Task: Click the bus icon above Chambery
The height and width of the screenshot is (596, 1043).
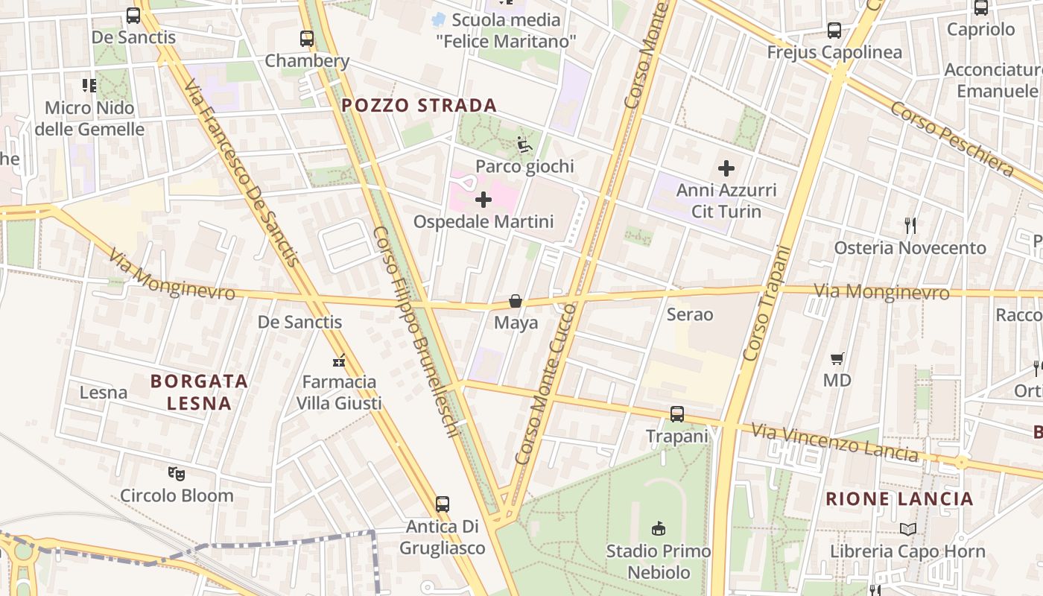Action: [306, 39]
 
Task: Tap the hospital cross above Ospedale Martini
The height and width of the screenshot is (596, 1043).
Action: [484, 200]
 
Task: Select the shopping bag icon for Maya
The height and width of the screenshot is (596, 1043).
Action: [515, 301]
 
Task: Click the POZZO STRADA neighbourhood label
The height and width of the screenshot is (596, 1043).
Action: [419, 105]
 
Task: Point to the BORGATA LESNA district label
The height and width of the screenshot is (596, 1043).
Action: [199, 392]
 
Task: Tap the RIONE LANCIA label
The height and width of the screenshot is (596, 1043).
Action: [899, 499]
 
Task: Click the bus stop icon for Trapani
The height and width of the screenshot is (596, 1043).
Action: [676, 414]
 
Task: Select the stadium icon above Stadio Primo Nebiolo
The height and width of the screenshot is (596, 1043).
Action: [658, 529]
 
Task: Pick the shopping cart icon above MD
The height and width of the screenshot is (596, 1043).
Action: [837, 359]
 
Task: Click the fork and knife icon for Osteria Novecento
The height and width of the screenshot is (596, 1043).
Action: [910, 225]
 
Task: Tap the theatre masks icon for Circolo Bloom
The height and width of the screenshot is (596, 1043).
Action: [177, 473]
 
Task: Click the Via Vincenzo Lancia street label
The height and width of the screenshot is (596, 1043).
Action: [834, 442]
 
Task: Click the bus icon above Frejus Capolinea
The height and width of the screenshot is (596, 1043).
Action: [834, 31]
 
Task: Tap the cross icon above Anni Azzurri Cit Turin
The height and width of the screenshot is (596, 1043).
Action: [726, 168]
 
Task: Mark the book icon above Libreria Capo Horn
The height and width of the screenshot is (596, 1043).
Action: [907, 529]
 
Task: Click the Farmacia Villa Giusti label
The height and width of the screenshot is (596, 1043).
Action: [339, 393]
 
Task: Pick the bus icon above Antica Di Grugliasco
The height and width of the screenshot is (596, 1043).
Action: [443, 504]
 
